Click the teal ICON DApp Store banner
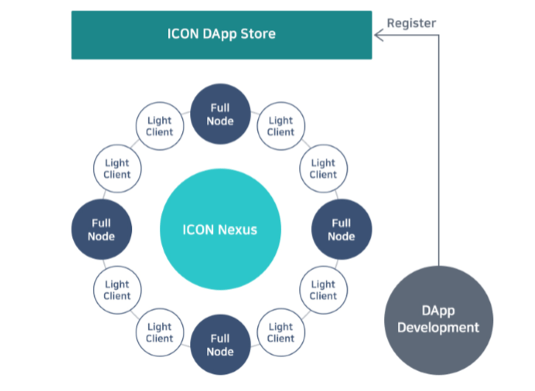pyautogui.click(x=221, y=35)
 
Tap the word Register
pyautogui.click(x=411, y=23)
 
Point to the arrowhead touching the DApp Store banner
pyautogui.click(x=379, y=35)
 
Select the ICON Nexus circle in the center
pyautogui.click(x=220, y=229)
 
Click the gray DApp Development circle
pyautogui.click(x=438, y=320)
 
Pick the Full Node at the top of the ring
pyautogui.click(x=220, y=114)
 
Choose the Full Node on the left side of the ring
pyautogui.click(x=102, y=229)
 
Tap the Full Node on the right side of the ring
pyautogui.click(x=341, y=229)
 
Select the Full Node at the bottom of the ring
pyautogui.click(x=220, y=345)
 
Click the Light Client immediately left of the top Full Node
pyautogui.click(x=160, y=126)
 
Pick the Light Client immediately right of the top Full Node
pyautogui.click(x=281, y=126)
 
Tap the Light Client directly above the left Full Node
pyautogui.click(x=117, y=169)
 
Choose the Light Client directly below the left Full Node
pyautogui.click(x=117, y=290)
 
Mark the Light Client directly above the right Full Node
pyautogui.click(x=324, y=169)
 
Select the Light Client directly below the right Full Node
pyautogui.click(x=324, y=290)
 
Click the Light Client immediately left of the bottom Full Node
pyautogui.click(x=160, y=333)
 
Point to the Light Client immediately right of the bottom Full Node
pyautogui.click(x=281, y=333)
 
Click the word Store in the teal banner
pyautogui.click(x=258, y=34)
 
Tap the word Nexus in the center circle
pyautogui.click(x=238, y=230)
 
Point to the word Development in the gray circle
pyautogui.click(x=438, y=328)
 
